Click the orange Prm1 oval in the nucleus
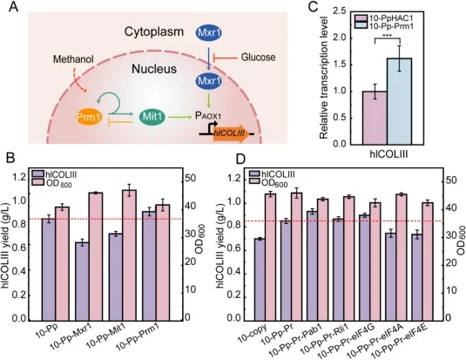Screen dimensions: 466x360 (x=89, y=118)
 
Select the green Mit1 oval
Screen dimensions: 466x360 (x=152, y=117)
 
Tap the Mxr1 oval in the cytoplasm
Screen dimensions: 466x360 (x=209, y=32)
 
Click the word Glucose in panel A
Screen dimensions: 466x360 (x=258, y=58)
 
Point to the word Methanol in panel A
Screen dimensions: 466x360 (x=73, y=59)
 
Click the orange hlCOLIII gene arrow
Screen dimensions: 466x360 (x=231, y=133)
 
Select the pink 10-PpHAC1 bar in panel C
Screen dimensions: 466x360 (x=375, y=118)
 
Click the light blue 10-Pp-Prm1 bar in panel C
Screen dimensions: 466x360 (x=400, y=101)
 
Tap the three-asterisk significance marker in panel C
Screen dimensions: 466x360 (x=388, y=37)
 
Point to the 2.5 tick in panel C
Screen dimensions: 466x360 (x=339, y=12)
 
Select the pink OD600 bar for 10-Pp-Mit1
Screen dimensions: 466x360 (x=129, y=255)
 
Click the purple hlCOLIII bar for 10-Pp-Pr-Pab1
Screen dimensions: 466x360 (x=313, y=266)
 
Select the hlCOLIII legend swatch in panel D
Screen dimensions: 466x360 (x=254, y=174)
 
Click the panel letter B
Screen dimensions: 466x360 (x=10, y=160)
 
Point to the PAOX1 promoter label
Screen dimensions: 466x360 (x=208, y=116)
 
